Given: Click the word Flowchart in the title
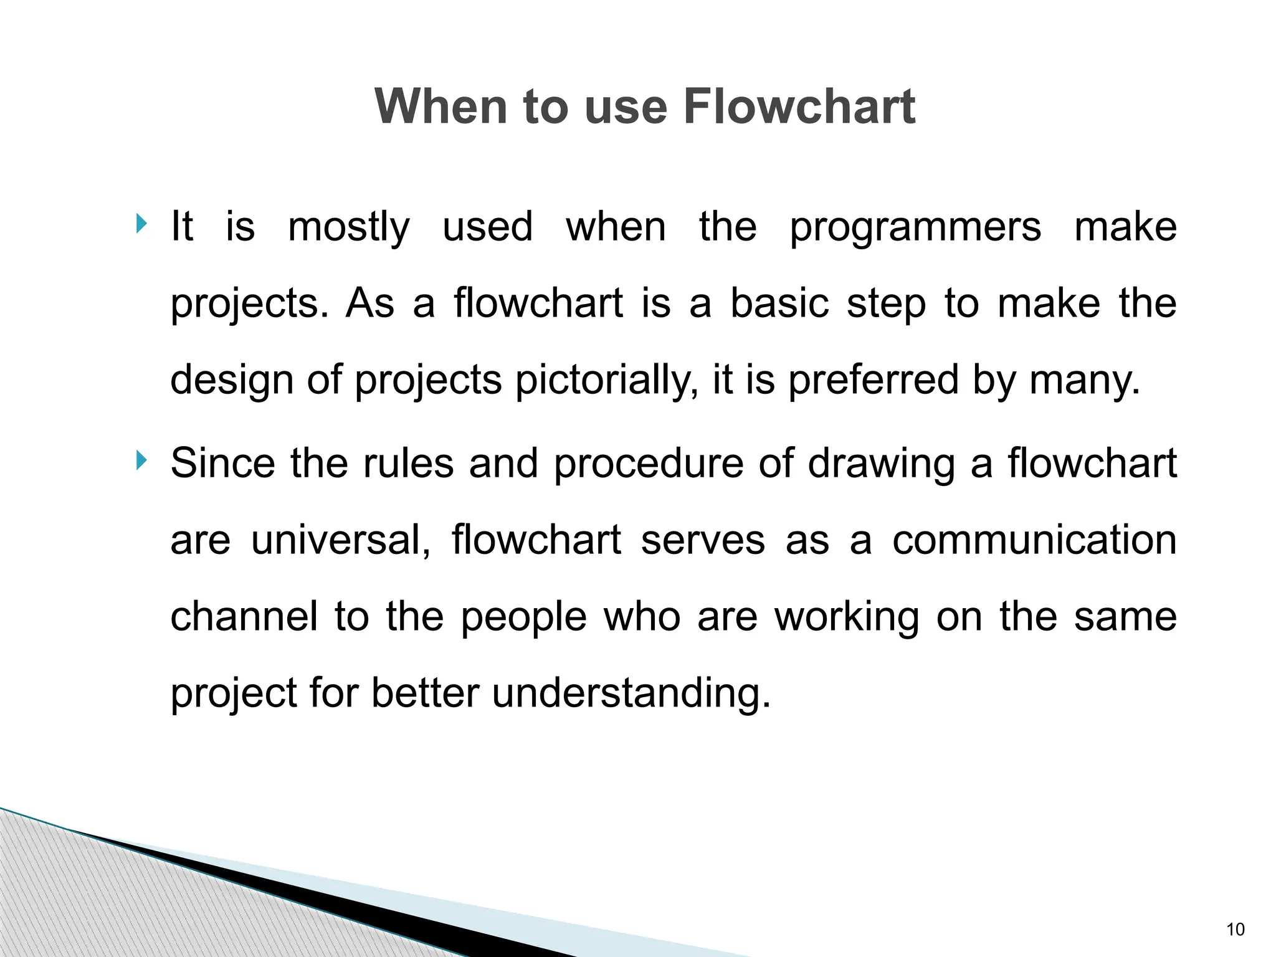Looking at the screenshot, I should [x=799, y=107].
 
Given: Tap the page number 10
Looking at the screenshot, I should [x=1235, y=930].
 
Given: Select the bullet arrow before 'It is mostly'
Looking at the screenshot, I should [x=142, y=223].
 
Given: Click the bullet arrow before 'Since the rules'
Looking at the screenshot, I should [x=142, y=461].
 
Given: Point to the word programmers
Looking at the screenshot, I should [x=915, y=227].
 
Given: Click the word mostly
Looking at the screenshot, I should [x=349, y=227].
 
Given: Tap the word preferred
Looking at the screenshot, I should [x=873, y=380].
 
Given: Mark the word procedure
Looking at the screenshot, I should [x=648, y=464].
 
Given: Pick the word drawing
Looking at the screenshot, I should [x=881, y=464].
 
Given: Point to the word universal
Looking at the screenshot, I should [x=340, y=540].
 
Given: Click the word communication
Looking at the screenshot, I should [x=1034, y=540].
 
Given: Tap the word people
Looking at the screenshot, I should [x=523, y=617].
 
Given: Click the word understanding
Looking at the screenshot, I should [x=631, y=693].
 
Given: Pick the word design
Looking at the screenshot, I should [x=232, y=380].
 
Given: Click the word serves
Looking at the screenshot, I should [x=702, y=540].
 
